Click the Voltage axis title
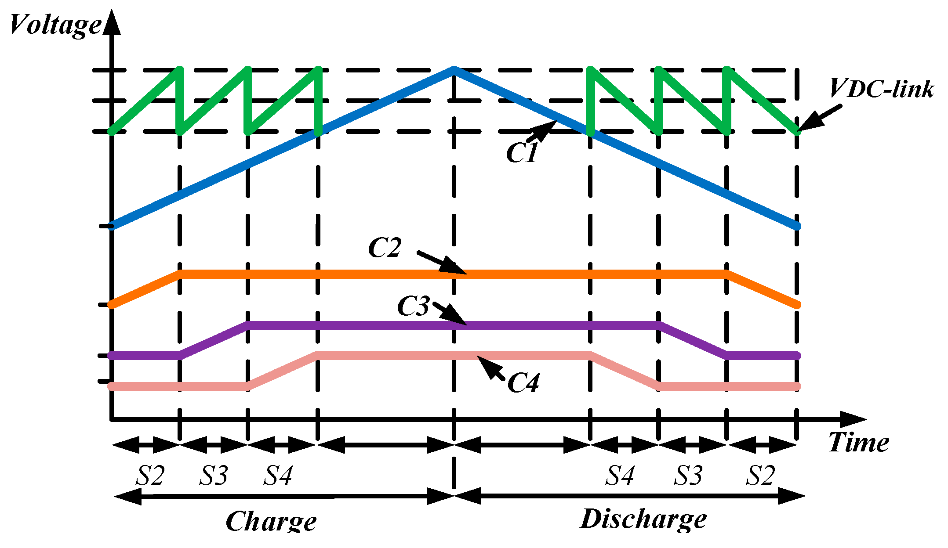(55, 25)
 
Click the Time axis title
(858, 442)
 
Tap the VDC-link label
(881, 89)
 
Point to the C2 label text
(385, 248)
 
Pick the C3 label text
(413, 306)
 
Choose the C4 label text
(523, 383)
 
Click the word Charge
(271, 522)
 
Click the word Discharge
(643, 519)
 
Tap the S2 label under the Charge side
(150, 476)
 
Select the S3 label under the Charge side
(214, 476)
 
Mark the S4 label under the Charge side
(278, 476)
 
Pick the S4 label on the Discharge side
(620, 476)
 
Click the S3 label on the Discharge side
(688, 476)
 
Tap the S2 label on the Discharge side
(760, 476)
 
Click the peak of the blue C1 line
(454, 69)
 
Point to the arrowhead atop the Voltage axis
(113, 22)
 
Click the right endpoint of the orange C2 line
(797, 305)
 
